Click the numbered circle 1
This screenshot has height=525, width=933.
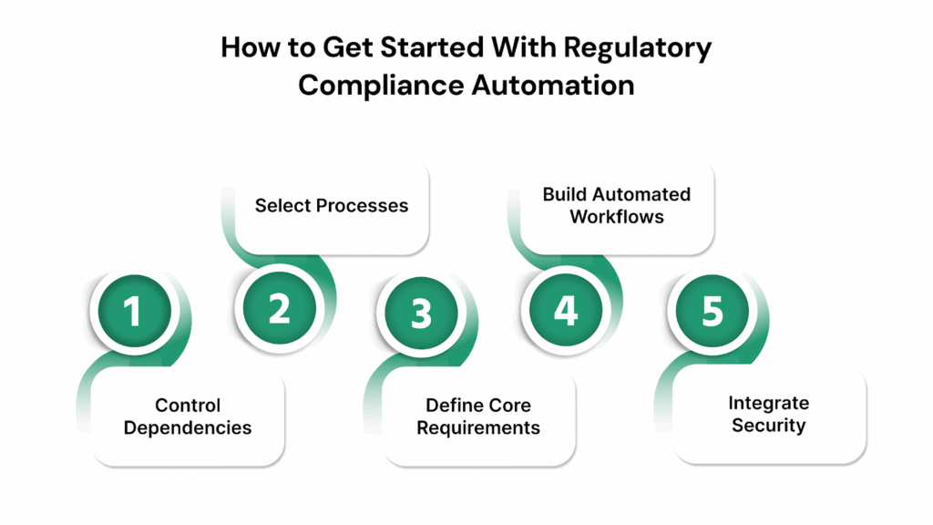tap(133, 312)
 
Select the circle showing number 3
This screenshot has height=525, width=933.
tap(421, 313)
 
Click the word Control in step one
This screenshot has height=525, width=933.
tap(188, 406)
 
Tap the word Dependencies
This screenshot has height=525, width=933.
tap(188, 427)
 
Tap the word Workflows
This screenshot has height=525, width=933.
tap(617, 217)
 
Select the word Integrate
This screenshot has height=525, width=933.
tap(768, 403)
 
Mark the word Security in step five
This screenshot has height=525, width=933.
tap(768, 425)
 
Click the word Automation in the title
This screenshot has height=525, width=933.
tap(552, 85)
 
